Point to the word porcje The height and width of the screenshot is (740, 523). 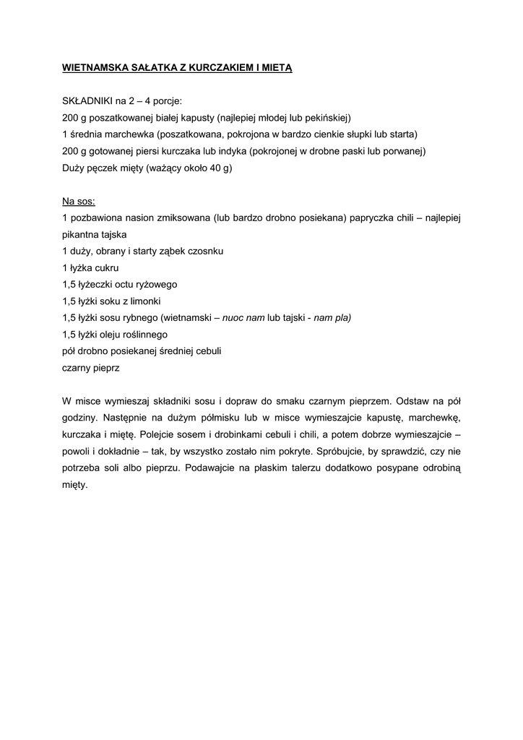[x=166, y=101]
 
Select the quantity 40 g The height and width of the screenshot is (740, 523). [x=218, y=168]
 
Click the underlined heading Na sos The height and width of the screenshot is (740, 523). [x=79, y=201]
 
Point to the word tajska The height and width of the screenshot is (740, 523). [x=113, y=235]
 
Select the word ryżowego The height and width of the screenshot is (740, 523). [x=152, y=285]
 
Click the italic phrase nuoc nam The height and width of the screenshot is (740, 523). [x=243, y=318]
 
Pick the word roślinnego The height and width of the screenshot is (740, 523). [x=141, y=335]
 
